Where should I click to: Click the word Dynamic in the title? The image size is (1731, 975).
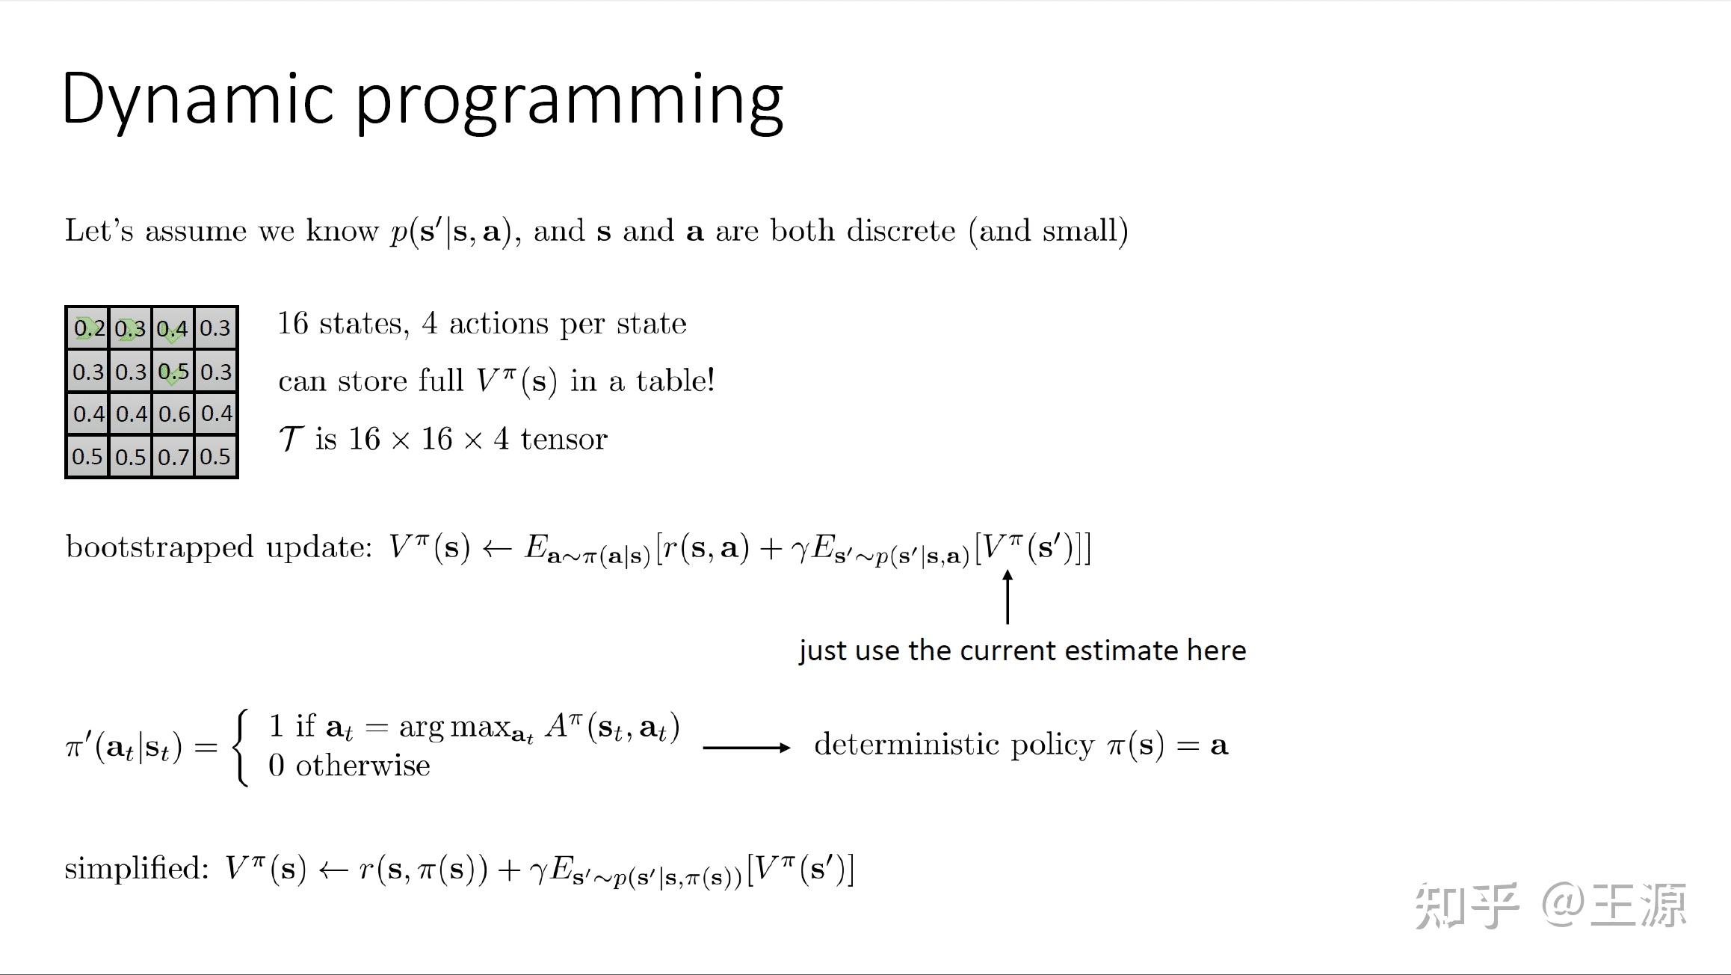tap(197, 99)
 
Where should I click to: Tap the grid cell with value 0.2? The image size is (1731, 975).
tap(88, 328)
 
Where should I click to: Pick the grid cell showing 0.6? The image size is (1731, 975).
tap(174, 413)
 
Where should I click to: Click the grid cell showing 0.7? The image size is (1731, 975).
tap(174, 456)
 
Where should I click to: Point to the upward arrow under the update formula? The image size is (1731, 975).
tap(1008, 597)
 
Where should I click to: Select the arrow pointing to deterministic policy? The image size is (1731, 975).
tap(746, 747)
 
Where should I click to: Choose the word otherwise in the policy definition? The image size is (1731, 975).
tap(362, 766)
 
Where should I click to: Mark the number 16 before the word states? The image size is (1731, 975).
tap(293, 324)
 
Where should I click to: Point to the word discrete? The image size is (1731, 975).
tap(901, 230)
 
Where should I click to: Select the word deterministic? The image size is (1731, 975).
tap(906, 745)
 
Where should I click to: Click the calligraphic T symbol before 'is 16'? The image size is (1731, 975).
tap(291, 439)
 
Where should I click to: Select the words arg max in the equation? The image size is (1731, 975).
tap(454, 726)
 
